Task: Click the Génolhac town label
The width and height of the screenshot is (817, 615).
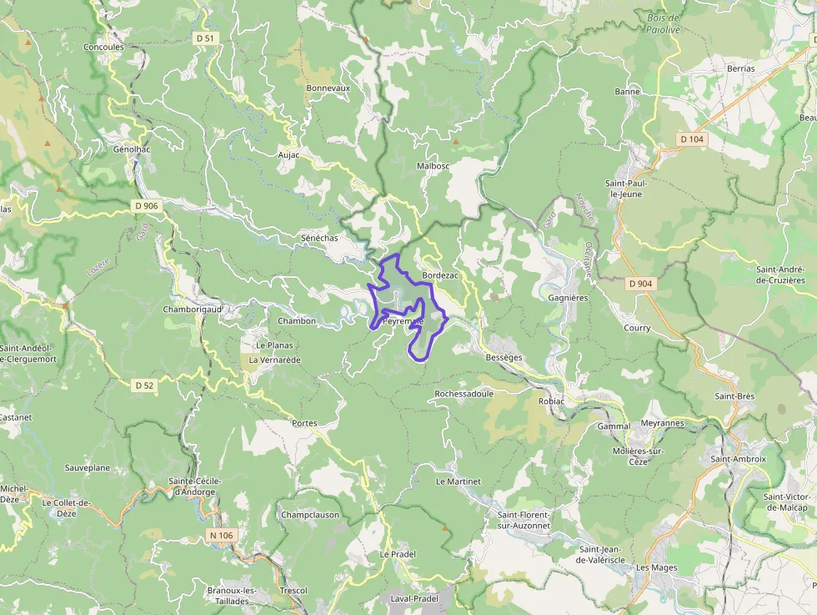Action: [132, 149]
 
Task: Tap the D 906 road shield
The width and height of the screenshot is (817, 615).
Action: [145, 205]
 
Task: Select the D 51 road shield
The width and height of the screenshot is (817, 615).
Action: [204, 38]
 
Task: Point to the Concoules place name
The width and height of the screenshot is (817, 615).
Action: [103, 48]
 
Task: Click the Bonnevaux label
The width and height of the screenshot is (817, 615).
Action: [328, 88]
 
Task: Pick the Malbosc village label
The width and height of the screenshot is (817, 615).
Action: [433, 166]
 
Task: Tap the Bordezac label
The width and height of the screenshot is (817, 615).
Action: [441, 275]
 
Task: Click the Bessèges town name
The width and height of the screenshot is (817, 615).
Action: [504, 357]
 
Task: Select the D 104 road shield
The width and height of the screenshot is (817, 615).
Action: [692, 139]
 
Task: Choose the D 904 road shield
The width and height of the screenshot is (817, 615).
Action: [641, 284]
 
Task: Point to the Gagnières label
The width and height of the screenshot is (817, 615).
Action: [569, 297]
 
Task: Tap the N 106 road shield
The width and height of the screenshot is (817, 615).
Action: [222, 535]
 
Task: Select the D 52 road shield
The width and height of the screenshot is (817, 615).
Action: [144, 385]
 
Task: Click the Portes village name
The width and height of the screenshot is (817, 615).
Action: [304, 423]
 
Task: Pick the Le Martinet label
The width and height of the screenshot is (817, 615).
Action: [459, 481]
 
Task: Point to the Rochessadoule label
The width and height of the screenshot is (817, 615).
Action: [464, 393]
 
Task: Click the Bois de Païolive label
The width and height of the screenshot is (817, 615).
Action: [664, 23]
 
